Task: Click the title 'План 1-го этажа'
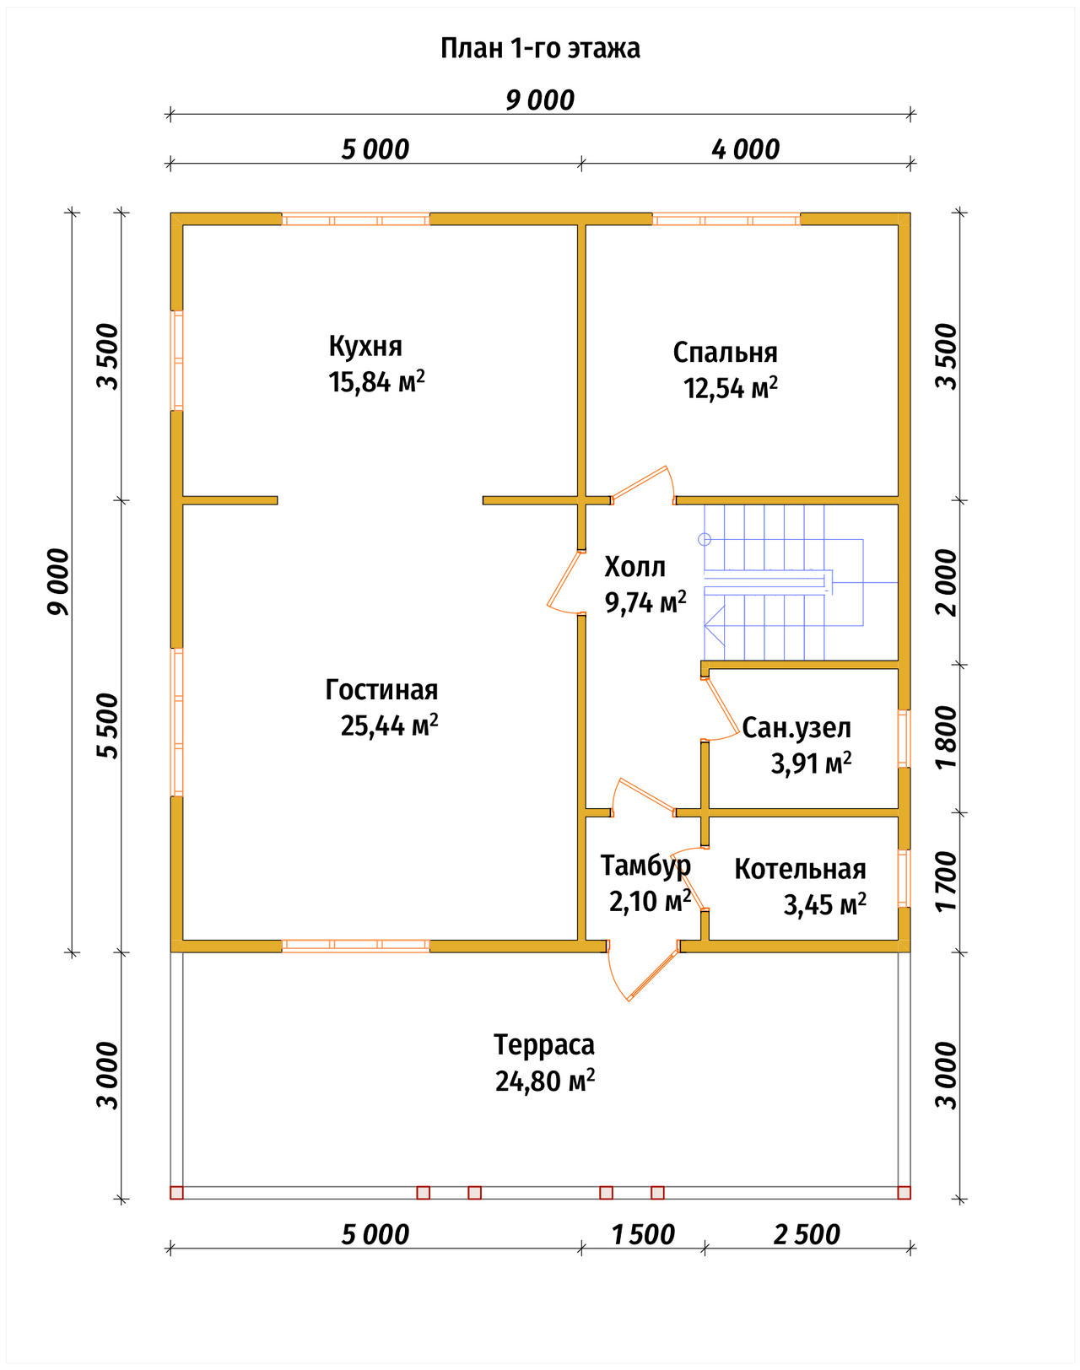(540, 49)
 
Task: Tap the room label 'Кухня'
(365, 347)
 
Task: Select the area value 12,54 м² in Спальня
(731, 387)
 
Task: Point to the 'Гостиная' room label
(381, 690)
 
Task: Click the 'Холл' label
(634, 567)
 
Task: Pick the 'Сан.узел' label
(796, 728)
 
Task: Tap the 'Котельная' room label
(801, 870)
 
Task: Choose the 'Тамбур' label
(645, 866)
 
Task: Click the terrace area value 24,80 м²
(545, 1081)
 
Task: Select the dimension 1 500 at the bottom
(643, 1235)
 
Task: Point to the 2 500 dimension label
(807, 1235)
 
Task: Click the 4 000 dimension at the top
(745, 149)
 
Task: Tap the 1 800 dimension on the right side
(947, 737)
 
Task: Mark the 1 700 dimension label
(947, 881)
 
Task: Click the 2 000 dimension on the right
(947, 583)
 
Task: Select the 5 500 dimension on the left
(108, 725)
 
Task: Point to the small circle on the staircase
(705, 540)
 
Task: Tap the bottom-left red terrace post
(176, 1192)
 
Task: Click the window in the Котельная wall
(904, 878)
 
